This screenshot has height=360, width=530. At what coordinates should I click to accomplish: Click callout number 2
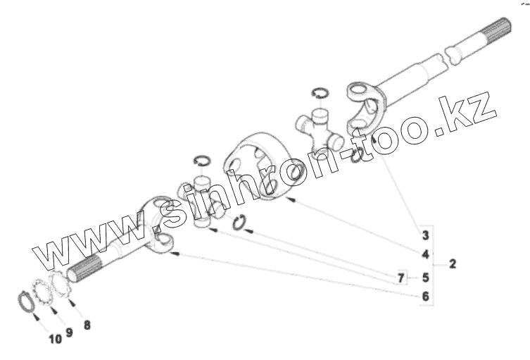click(x=452, y=264)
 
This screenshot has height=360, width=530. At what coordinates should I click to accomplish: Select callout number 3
click(x=425, y=234)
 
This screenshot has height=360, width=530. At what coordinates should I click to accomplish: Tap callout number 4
click(x=425, y=254)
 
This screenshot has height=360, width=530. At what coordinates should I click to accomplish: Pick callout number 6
click(x=425, y=297)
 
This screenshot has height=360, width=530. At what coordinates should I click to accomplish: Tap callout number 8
click(x=87, y=325)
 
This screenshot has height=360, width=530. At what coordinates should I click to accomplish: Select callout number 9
click(x=69, y=331)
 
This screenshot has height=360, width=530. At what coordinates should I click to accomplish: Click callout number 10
click(x=55, y=340)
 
